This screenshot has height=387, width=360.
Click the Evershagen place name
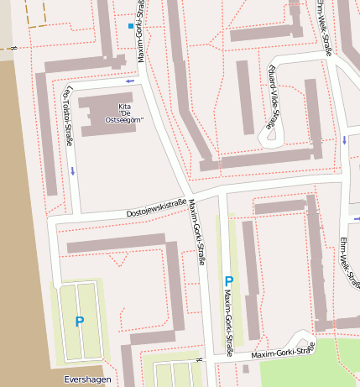(x=87, y=379)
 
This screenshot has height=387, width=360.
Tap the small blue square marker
(x=130, y=27)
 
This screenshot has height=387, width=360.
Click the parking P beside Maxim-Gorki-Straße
(x=228, y=281)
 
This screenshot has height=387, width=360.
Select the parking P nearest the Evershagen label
(x=80, y=322)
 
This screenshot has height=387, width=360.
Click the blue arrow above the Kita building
(x=129, y=81)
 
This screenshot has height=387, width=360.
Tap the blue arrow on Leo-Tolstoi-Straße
(x=73, y=171)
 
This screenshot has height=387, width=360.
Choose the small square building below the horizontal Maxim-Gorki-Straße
(x=245, y=369)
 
